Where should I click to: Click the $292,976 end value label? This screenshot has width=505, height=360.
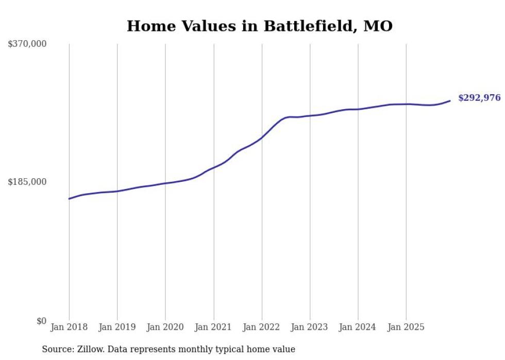pos(479,98)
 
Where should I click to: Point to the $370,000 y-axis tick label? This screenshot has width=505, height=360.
pos(27,44)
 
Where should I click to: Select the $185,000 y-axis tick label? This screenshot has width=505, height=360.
pos(27,182)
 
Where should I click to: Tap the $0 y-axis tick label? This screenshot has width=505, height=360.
pos(41,321)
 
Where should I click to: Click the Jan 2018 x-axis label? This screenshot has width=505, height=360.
pos(69,327)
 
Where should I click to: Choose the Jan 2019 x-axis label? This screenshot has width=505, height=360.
pos(117,327)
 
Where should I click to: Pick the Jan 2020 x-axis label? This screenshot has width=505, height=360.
pos(165,327)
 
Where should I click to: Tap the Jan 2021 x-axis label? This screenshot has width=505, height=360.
pos(213,327)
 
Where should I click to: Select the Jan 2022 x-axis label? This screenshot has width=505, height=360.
pos(262,327)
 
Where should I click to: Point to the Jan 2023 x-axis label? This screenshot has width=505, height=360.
pos(310,327)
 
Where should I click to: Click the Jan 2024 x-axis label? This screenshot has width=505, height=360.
pos(358,327)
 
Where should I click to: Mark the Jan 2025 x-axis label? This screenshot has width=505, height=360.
pos(406,327)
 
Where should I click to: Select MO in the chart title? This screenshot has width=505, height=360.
pos(378,26)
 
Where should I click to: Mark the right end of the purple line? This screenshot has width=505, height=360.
pos(450,100)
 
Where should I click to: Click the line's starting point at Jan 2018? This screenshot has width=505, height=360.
pos(69,198)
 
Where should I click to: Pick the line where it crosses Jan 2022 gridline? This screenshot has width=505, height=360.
pos(262,138)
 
